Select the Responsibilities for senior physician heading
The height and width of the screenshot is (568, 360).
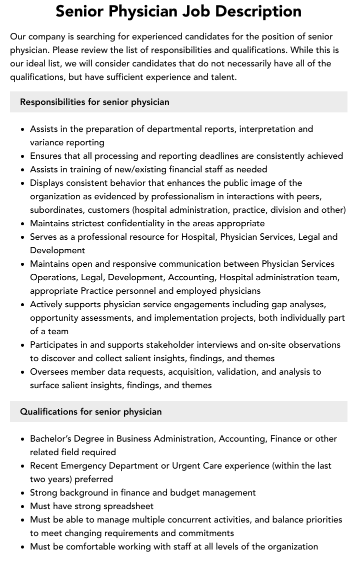click(x=94, y=102)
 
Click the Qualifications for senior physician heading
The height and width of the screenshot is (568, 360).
click(x=91, y=412)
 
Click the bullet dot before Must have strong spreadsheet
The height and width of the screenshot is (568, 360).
click(x=23, y=507)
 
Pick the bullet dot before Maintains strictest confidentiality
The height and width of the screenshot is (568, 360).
click(x=23, y=224)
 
